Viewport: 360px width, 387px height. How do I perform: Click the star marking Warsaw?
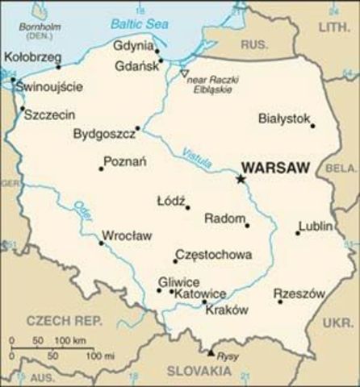point(241,178)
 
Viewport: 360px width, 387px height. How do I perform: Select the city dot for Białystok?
point(313,125)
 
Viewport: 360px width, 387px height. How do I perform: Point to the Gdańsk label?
point(136,65)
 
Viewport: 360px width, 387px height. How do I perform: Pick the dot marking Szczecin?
point(22,109)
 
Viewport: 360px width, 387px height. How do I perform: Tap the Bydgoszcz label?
point(103,133)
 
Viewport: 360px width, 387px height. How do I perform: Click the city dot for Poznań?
point(101,169)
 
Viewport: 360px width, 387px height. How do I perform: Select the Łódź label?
point(170,199)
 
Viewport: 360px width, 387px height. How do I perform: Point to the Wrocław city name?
point(126,236)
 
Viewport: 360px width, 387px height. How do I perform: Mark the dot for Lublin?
point(297,234)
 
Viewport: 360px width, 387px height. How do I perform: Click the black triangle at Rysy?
point(211,352)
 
